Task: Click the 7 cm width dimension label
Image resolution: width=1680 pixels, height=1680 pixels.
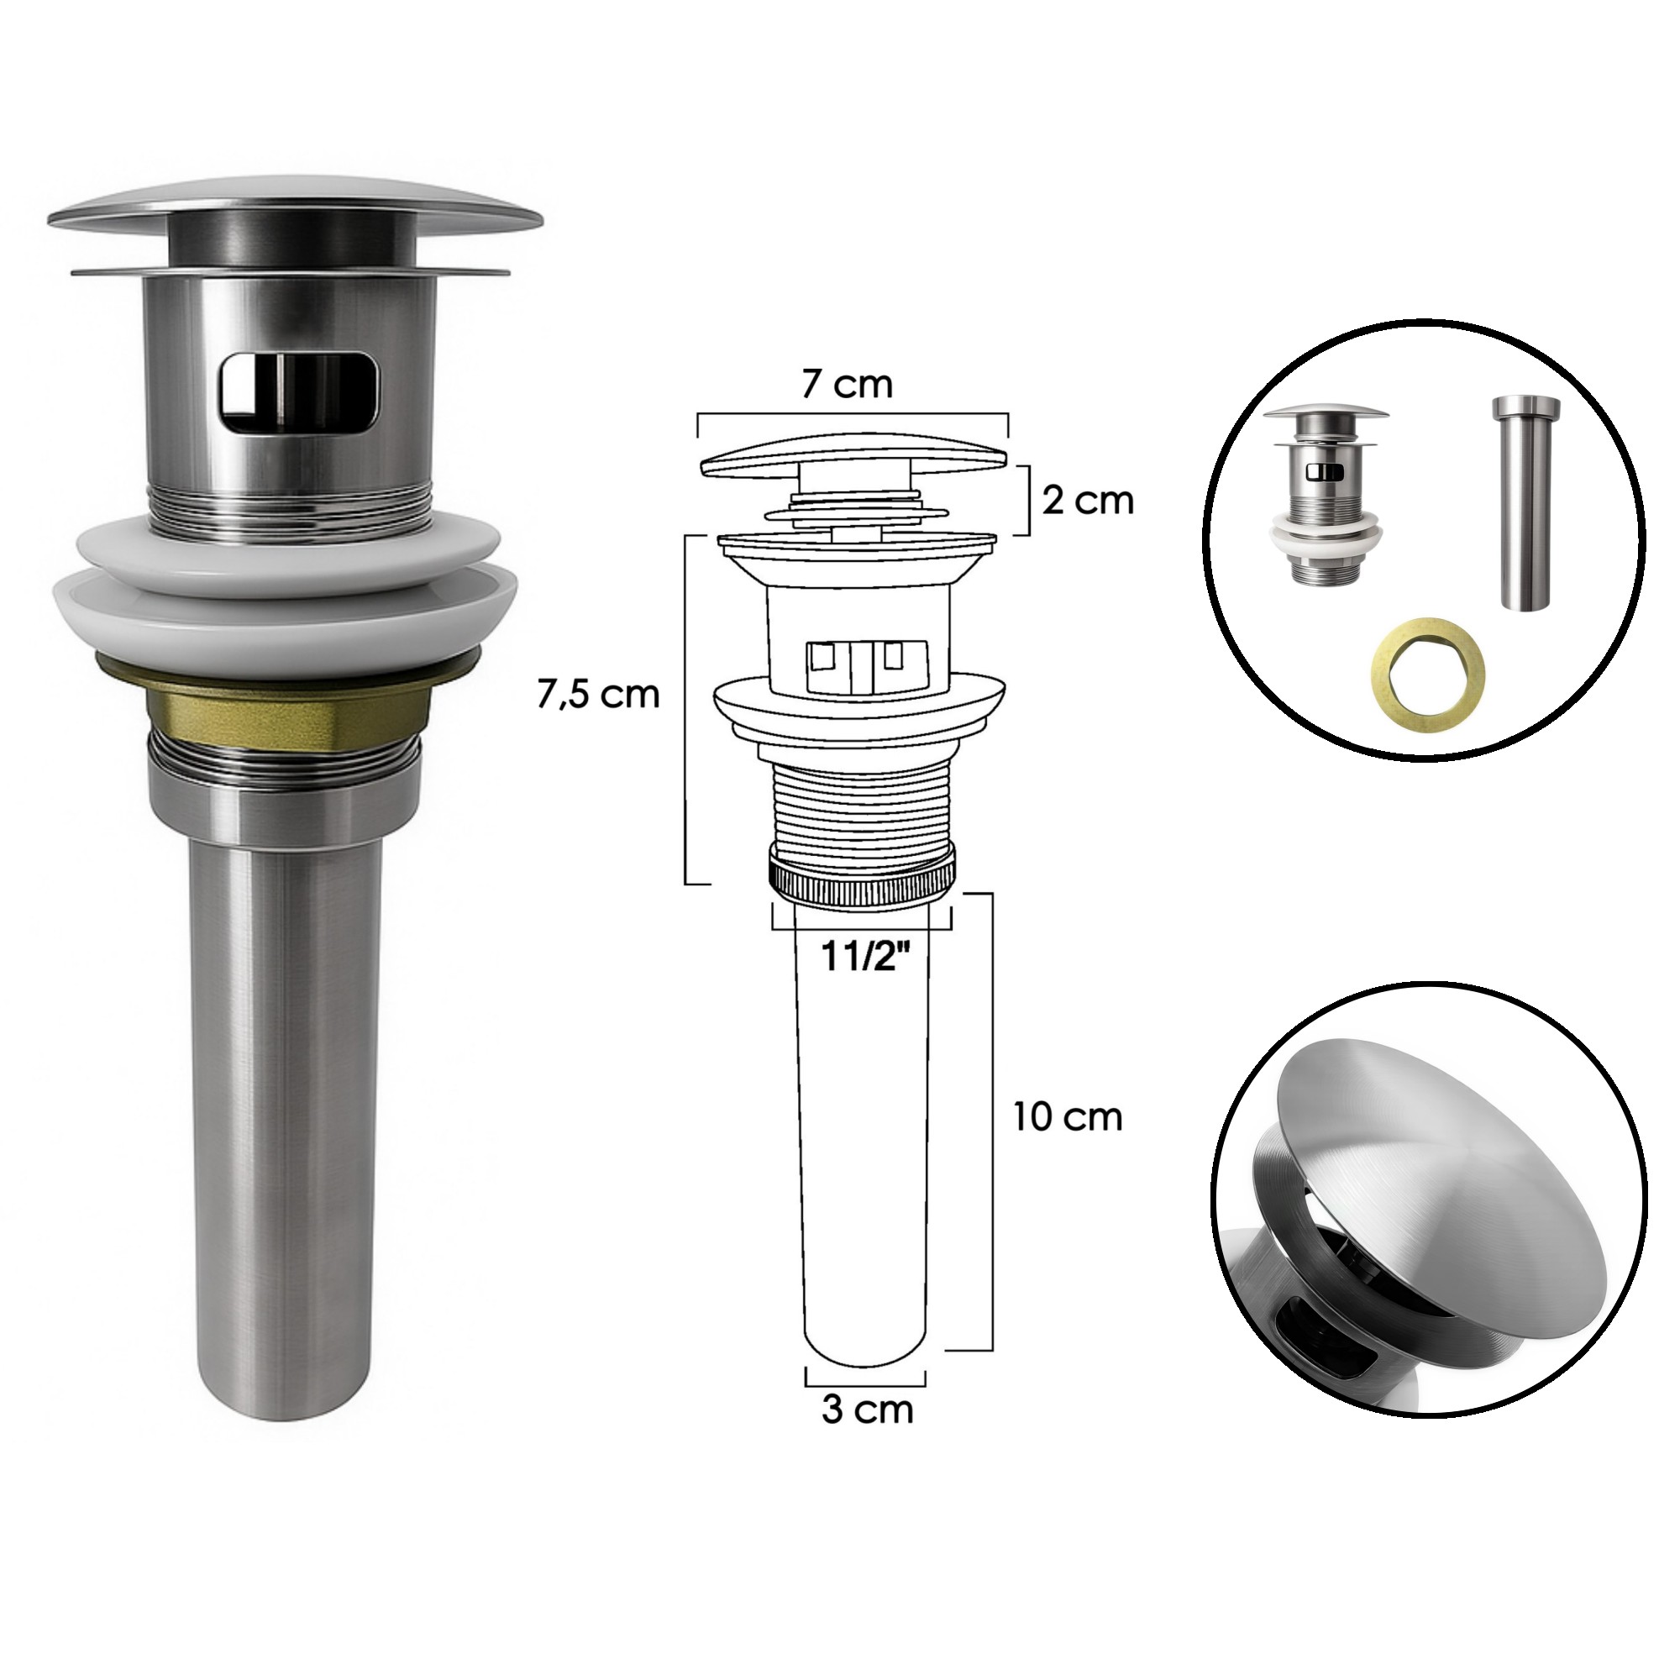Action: pyautogui.click(x=847, y=384)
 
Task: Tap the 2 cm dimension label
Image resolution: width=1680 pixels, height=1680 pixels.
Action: pyautogui.click(x=1088, y=501)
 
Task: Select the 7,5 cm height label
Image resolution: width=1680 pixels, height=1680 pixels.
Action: pyautogui.click(x=598, y=695)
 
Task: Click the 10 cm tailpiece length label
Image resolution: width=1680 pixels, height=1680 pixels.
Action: pyautogui.click(x=1067, y=1117)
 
